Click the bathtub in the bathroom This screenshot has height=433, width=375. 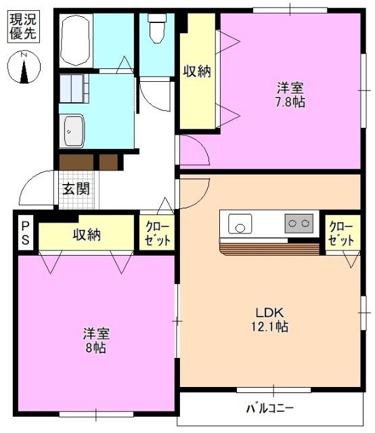[x=75, y=40]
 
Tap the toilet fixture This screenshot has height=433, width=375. [x=157, y=28]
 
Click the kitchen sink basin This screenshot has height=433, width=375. [x=240, y=223]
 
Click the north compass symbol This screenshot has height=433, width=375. [x=23, y=68]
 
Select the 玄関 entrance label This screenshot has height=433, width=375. [x=76, y=189]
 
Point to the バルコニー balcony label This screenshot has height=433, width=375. [x=269, y=409]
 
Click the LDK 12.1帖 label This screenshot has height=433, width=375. [x=271, y=319]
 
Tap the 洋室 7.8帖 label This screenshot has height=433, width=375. [x=289, y=95]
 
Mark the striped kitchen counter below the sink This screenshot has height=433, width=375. [x=269, y=248]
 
